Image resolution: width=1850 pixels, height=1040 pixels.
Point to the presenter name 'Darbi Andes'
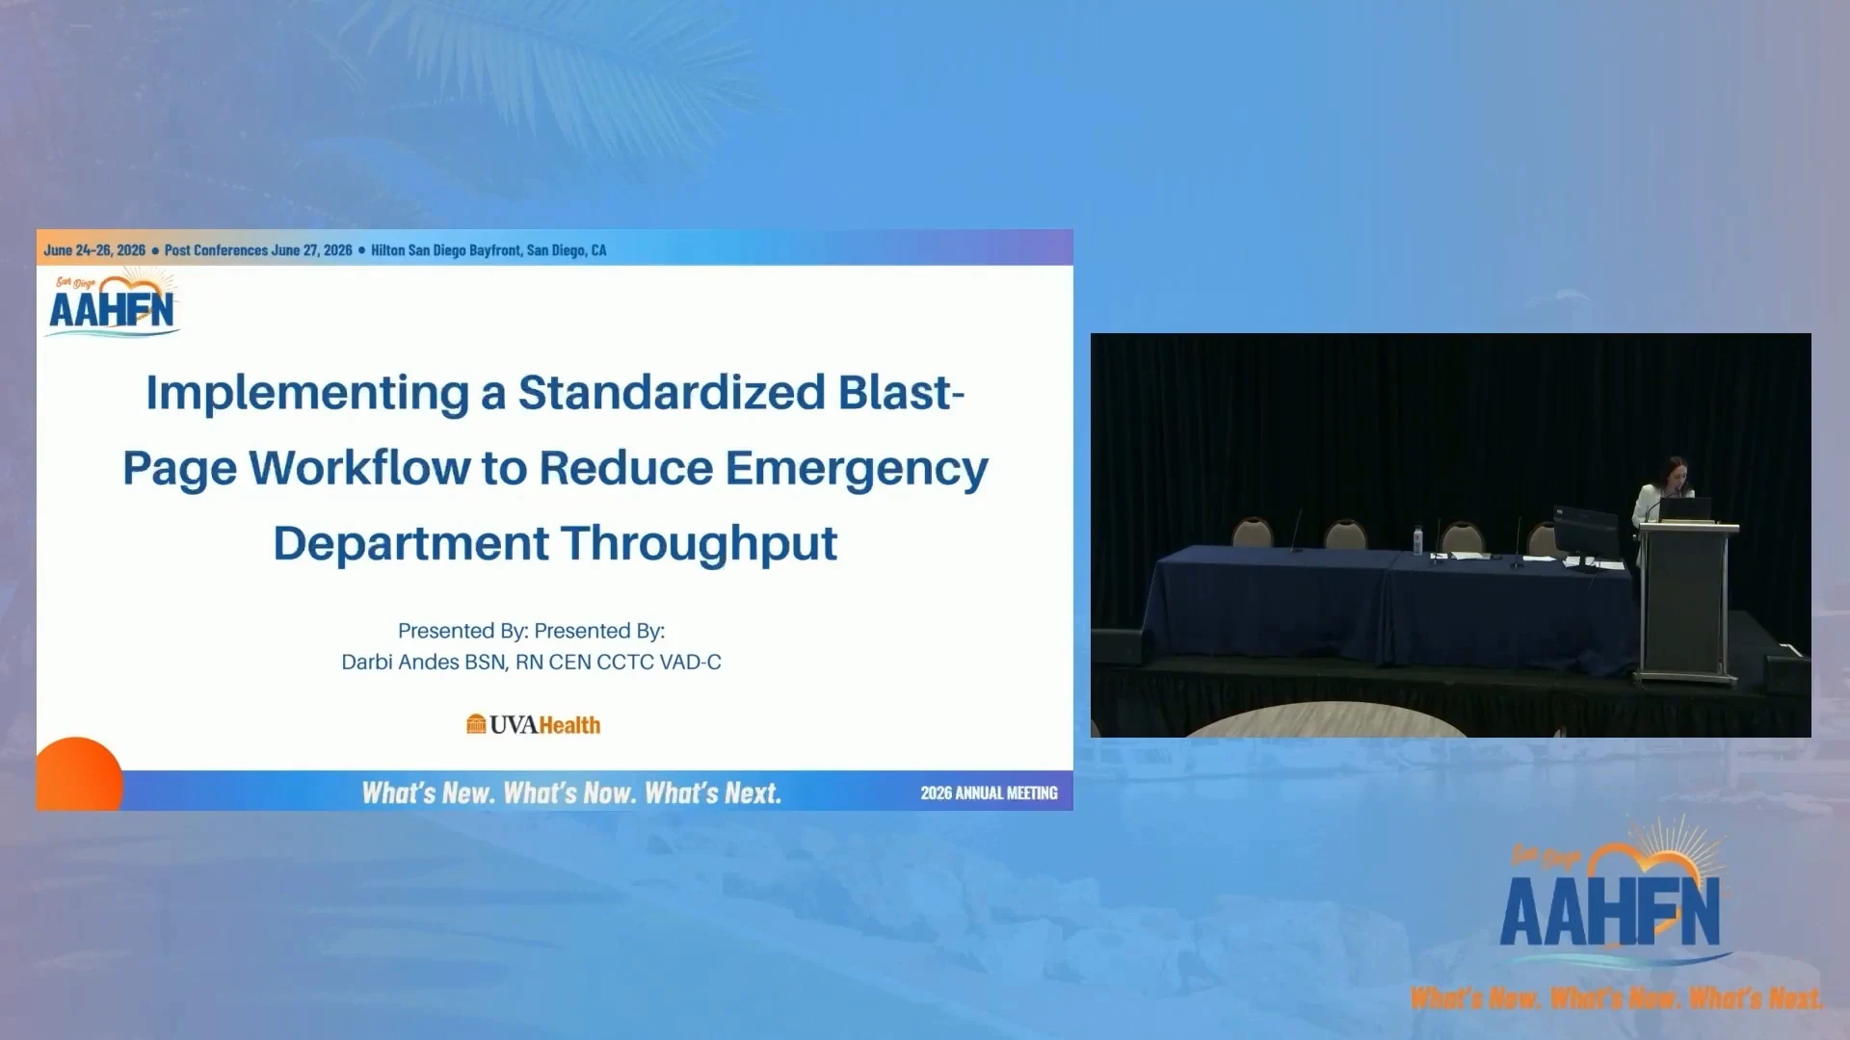[x=400, y=663]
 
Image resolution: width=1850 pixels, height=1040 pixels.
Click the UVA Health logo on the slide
[x=533, y=724]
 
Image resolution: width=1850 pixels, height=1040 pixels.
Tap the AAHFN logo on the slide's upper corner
[x=113, y=304]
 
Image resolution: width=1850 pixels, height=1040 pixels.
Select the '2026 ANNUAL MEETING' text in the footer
[x=989, y=793]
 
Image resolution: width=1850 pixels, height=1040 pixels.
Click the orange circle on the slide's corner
[x=79, y=774]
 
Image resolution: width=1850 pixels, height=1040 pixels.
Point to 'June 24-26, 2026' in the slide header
[x=94, y=250]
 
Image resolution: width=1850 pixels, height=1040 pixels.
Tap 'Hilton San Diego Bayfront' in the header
[x=446, y=250]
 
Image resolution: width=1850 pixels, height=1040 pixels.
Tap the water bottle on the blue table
[x=1417, y=540]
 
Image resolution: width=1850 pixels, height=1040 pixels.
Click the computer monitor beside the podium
[x=1585, y=534]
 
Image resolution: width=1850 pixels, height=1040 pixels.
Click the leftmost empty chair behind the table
[x=1253, y=533]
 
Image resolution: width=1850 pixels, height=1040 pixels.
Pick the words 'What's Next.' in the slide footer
[x=713, y=793]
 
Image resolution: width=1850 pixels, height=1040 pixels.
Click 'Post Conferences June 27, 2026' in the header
[x=258, y=250]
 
